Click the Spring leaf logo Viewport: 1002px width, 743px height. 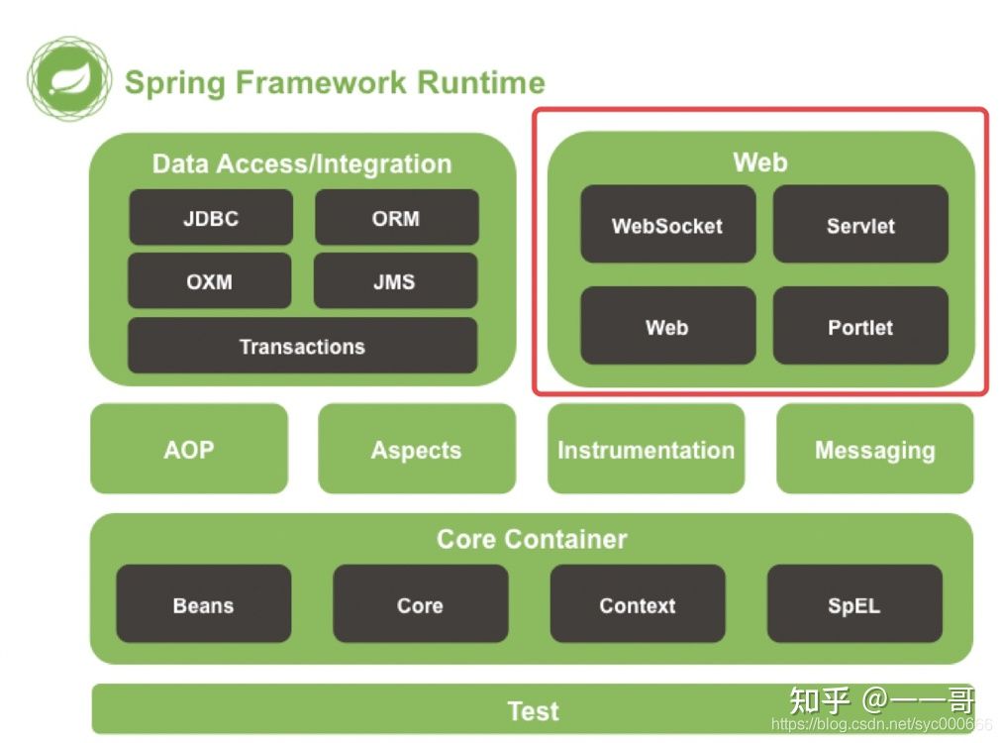click(x=68, y=78)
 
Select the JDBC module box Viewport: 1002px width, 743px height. click(x=211, y=218)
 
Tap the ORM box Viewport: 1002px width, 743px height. click(x=396, y=218)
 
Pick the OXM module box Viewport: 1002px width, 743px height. click(x=210, y=281)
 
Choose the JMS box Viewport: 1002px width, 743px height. click(x=395, y=281)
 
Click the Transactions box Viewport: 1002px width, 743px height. click(x=302, y=346)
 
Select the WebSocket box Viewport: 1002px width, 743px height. click(x=667, y=225)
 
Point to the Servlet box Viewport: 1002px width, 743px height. click(x=860, y=225)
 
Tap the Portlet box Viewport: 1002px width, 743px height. click(x=860, y=326)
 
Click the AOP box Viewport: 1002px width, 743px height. click(x=189, y=449)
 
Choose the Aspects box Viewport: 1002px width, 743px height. click(x=417, y=449)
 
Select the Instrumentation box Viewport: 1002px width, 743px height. click(x=646, y=449)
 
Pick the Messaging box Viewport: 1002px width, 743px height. click(x=874, y=449)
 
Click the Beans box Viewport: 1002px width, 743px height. click(x=204, y=604)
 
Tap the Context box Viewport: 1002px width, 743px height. click(x=638, y=604)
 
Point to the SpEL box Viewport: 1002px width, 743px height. click(x=854, y=604)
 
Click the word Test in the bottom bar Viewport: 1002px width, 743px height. click(x=533, y=710)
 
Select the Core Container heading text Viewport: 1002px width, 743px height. click(x=532, y=539)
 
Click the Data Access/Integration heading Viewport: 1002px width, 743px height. click(x=302, y=163)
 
